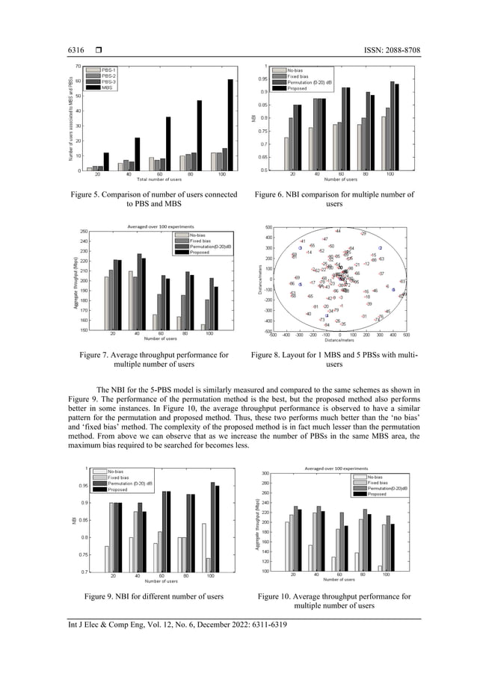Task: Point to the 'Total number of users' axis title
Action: pyautogui.click(x=159, y=179)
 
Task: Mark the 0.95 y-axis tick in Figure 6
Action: pyautogui.click(x=262, y=78)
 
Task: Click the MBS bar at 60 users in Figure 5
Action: pyautogui.click(x=168, y=143)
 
